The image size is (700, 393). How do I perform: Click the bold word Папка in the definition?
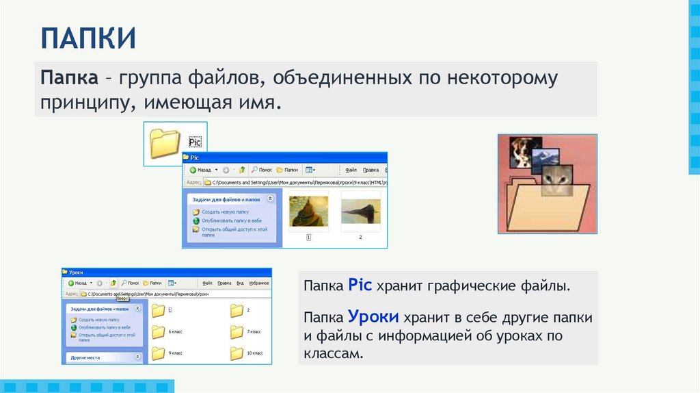[68, 77]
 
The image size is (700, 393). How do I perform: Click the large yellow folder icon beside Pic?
[163, 144]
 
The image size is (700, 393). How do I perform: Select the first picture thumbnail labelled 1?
[308, 212]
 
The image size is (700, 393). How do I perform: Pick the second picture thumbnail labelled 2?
[360, 212]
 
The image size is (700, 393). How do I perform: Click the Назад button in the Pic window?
[204, 169]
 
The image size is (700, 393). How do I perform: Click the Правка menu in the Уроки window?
[224, 282]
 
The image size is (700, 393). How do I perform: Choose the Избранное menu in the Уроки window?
[258, 282]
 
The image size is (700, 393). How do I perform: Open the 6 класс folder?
[159, 332]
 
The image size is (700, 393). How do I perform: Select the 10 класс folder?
[237, 353]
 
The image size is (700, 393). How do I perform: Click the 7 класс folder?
[237, 332]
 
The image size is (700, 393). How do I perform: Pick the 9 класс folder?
[159, 353]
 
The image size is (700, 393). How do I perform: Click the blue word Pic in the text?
[359, 284]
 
